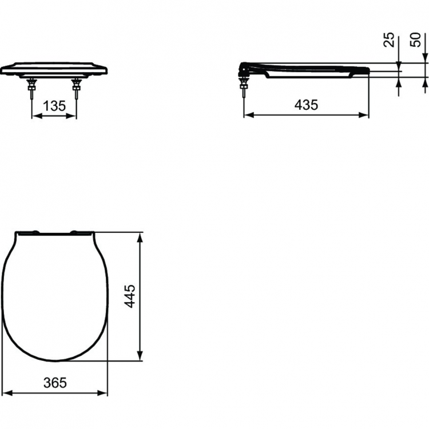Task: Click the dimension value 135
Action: [x=53, y=106]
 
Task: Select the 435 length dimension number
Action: [x=306, y=105]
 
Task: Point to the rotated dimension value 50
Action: [x=416, y=39]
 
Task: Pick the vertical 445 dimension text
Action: [x=130, y=296]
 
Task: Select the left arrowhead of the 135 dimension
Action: [x=34, y=116]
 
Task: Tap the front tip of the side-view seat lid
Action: [x=368, y=69]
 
